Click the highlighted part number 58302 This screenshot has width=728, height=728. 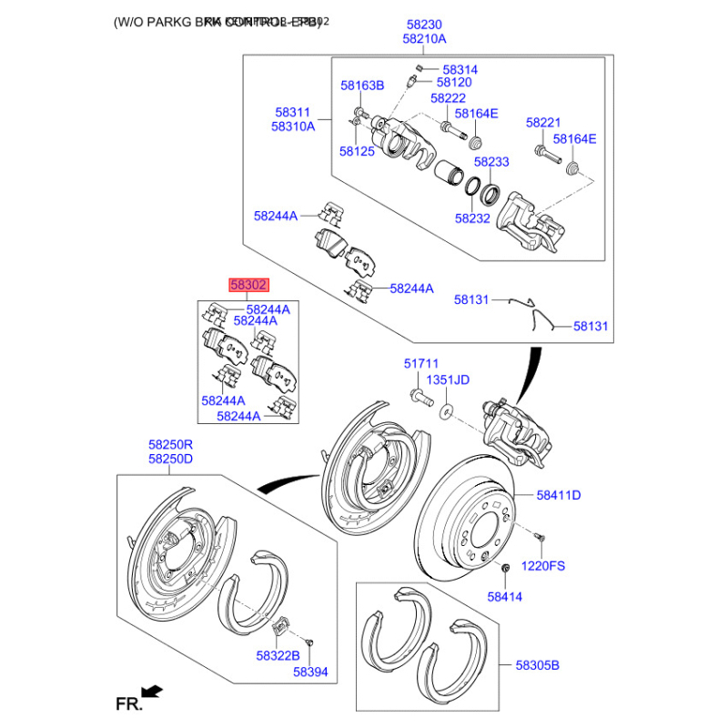(x=248, y=285)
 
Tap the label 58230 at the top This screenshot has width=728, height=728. (x=424, y=25)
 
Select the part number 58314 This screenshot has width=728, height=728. (x=460, y=69)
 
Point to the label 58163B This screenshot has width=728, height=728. (x=362, y=86)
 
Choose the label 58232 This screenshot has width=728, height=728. (x=472, y=218)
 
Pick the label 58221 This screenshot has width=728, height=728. (x=543, y=122)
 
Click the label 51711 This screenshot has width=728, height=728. (x=421, y=363)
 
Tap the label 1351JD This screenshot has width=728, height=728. (x=448, y=379)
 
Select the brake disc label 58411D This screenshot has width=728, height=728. (x=558, y=495)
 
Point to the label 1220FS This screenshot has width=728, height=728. (x=542, y=565)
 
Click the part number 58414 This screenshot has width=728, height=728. (x=505, y=597)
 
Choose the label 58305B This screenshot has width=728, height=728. (x=538, y=665)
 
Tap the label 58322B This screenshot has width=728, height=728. (x=278, y=655)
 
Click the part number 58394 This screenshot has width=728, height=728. (x=309, y=672)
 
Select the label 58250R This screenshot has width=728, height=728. (x=171, y=445)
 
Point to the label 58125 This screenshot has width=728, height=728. (x=357, y=151)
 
